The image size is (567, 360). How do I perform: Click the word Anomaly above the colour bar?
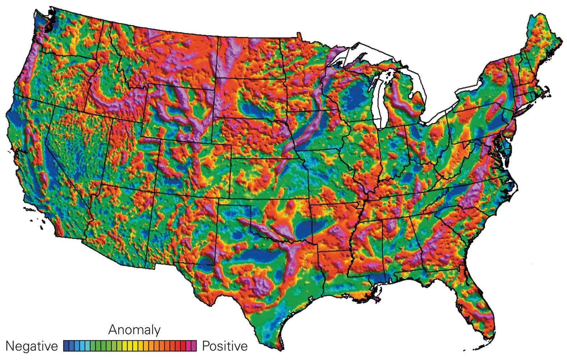pos(134,329)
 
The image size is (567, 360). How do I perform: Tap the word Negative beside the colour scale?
pos(32,346)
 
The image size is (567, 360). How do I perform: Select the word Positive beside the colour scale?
pos(225,346)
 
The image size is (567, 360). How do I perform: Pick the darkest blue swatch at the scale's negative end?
pos(67,346)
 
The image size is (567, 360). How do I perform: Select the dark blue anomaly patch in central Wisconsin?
pos(356,94)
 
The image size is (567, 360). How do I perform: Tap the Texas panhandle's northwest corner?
pos(218,205)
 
